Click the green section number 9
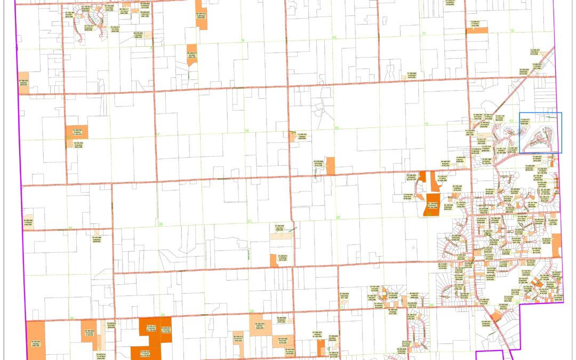243,40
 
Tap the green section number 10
334,38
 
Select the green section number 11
425,34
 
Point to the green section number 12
511,31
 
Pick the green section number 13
510,121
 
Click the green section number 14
426,124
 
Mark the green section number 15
337,128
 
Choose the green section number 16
246,131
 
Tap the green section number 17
158,133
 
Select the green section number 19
70,228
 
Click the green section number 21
249,221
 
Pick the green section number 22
338,218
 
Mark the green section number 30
71,319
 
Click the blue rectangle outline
541,133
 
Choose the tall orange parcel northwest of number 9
201,16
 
